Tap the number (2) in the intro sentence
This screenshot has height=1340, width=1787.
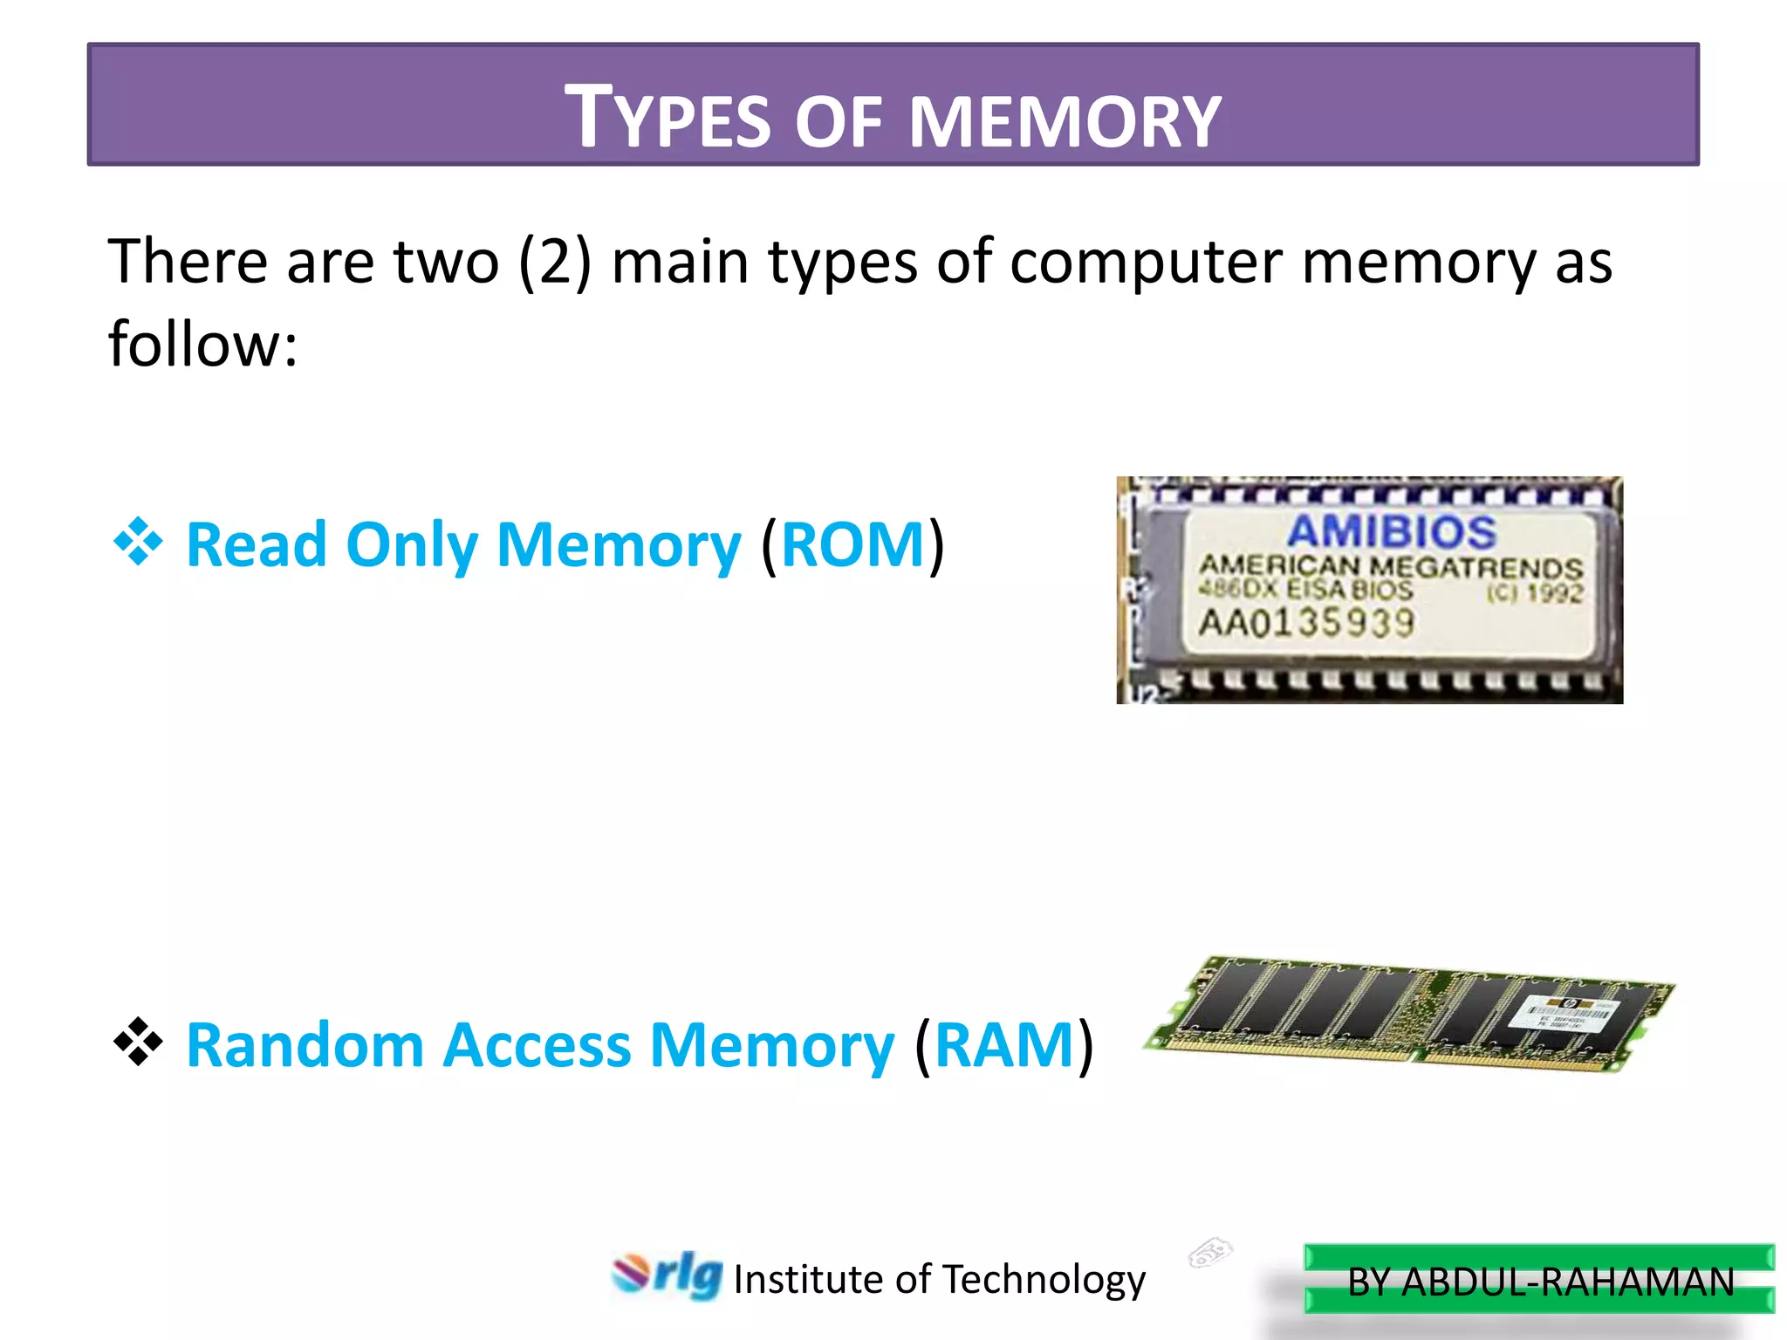point(555,262)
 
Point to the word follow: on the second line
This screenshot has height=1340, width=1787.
point(202,344)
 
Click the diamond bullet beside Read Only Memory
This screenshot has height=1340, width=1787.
point(138,542)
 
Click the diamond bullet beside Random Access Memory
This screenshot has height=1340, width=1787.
point(138,1042)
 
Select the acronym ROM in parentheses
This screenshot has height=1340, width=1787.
point(852,544)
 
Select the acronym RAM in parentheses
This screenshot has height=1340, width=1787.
point(1003,1044)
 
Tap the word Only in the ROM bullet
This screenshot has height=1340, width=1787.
point(411,544)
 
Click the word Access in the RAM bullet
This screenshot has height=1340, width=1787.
point(537,1044)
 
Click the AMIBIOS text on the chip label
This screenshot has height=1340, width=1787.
point(1391,531)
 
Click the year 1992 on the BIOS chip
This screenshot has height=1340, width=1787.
point(1553,593)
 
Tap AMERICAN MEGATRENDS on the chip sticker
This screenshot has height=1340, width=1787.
point(1391,566)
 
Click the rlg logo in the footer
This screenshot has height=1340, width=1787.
point(668,1275)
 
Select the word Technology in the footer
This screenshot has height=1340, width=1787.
point(1044,1280)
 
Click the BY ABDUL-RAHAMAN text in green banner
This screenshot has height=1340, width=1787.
point(1540,1282)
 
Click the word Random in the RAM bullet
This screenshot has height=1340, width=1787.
point(305,1044)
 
